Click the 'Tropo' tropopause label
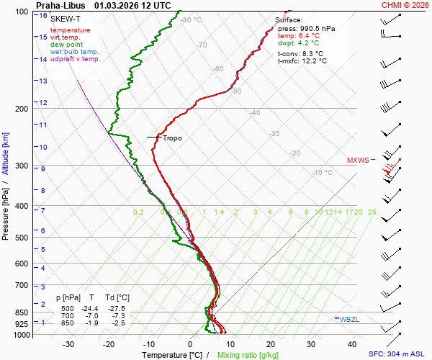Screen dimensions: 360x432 pos(172,138)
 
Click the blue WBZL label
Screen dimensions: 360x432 pos(348,318)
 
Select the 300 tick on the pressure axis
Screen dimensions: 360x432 pos(20,166)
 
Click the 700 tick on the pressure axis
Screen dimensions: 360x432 pos(20,286)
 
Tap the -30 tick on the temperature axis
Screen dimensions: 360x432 pos(68,344)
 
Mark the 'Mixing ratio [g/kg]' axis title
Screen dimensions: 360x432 pos(248,355)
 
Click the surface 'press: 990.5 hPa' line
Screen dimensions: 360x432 pos(306,29)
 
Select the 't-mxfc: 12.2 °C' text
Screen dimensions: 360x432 pos(302,60)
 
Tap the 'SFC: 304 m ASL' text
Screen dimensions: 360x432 pos(399,355)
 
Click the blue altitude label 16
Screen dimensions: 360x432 pos(43,16)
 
